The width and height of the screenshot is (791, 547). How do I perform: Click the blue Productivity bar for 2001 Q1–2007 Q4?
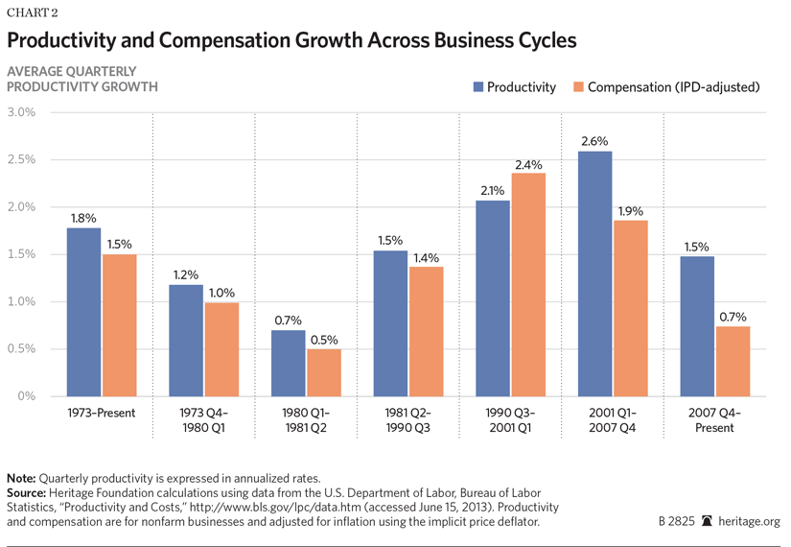[594, 273]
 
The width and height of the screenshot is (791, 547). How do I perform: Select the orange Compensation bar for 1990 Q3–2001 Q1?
[527, 284]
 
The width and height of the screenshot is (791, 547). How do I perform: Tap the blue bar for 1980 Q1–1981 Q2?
[289, 363]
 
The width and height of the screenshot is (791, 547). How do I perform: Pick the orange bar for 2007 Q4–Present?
[732, 361]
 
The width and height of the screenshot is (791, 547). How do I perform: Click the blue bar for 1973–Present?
[84, 312]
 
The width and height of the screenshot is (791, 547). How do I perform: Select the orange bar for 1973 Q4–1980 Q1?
[221, 349]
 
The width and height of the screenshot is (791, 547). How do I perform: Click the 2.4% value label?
[528, 164]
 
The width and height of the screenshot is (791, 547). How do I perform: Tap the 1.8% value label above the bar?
[84, 220]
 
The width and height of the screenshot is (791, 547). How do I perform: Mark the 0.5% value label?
[324, 341]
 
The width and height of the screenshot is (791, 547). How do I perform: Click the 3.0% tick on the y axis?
[21, 112]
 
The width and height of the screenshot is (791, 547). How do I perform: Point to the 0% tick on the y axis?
[26, 396]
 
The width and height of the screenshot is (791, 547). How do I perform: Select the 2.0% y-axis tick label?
[21, 207]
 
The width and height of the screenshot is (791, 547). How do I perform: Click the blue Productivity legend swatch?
[477, 87]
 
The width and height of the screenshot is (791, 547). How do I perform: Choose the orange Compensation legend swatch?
[577, 87]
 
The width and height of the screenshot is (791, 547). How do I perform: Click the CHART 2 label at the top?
[31, 12]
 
